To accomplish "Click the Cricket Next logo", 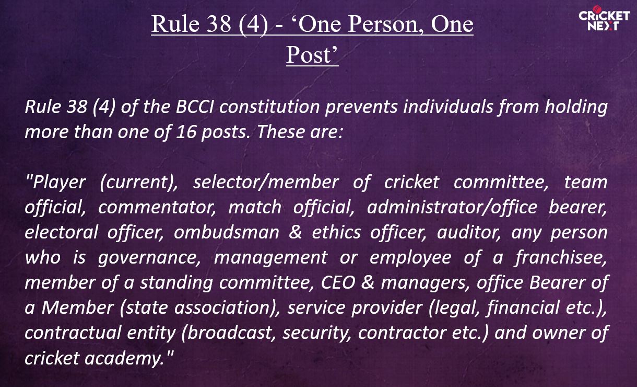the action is pos(604,18).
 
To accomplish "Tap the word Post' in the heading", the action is pos(312,55).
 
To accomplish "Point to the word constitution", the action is pos(269,107).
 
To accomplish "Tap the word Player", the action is pos(56,183).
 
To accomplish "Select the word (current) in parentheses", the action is pos(139,183).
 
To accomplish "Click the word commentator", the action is pos(157,207).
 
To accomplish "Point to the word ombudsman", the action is pos(227,232).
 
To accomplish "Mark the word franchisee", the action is pos(561,257).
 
